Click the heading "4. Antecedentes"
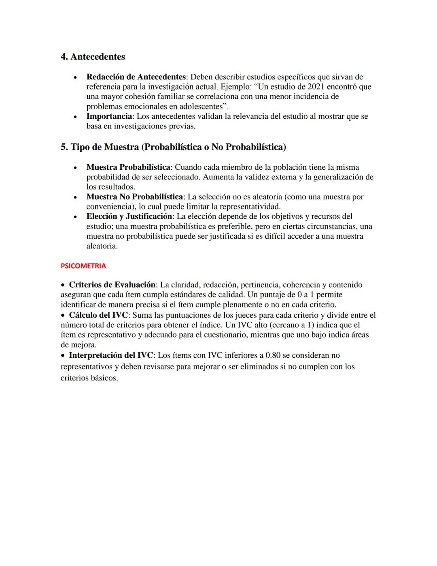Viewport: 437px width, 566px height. [x=93, y=57]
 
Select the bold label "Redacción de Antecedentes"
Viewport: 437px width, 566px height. [x=136, y=77]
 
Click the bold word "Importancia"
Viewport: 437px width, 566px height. [x=109, y=116]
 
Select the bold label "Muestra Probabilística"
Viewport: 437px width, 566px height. [x=128, y=167]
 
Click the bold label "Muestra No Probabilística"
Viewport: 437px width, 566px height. [x=135, y=197]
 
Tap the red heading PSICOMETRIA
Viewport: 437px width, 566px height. [x=83, y=266]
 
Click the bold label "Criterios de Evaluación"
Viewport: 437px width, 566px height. [x=112, y=285]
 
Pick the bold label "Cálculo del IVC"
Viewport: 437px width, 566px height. [x=98, y=315]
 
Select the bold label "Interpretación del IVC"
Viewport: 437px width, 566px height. [x=111, y=355]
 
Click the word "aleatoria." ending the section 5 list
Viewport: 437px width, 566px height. [x=102, y=246]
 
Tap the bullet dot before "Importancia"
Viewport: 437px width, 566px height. [x=75, y=117]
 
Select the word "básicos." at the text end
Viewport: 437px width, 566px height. [x=104, y=378]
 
